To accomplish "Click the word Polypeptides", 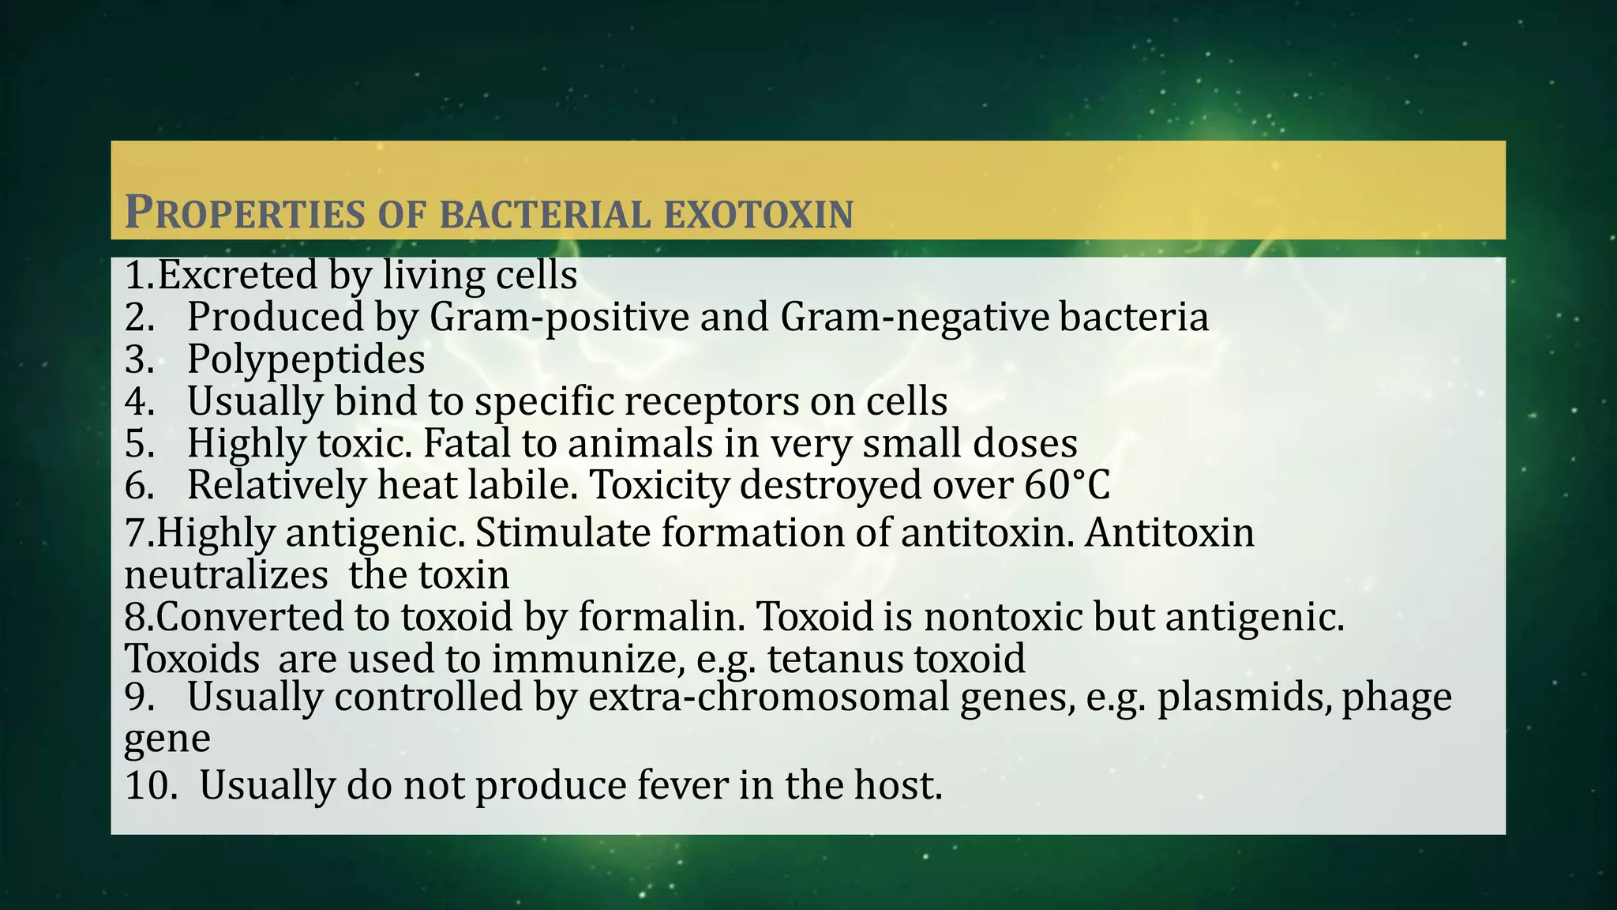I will pyautogui.click(x=306, y=359).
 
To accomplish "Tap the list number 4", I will pyautogui.click(x=139, y=401).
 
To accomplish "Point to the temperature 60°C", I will pyautogui.click(x=1067, y=485).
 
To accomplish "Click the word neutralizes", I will pyautogui.click(x=226, y=575).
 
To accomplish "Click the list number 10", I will pyautogui.click(x=150, y=785).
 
